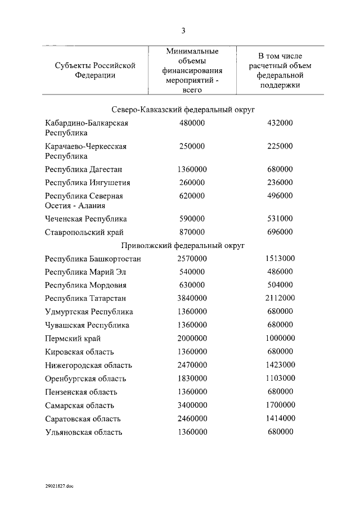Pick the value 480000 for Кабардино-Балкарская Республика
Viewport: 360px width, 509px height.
pyautogui.click(x=191, y=123)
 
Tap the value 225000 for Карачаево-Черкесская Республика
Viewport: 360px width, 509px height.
pyautogui.click(x=280, y=146)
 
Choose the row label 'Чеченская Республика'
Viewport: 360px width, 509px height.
pyautogui.click(x=85, y=218)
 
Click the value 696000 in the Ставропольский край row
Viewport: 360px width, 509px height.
pyautogui.click(x=280, y=232)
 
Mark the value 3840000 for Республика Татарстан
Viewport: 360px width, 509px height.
pyautogui.click(x=192, y=298)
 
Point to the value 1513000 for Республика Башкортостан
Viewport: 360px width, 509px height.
pyautogui.click(x=280, y=258)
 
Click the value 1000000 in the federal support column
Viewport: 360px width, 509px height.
pyautogui.click(x=280, y=338)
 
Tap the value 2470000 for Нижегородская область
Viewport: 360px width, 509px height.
pyautogui.click(x=192, y=365)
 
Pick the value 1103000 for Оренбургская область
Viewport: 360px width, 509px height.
pyautogui.click(x=280, y=379)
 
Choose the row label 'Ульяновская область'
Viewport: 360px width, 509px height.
pyautogui.click(x=83, y=432)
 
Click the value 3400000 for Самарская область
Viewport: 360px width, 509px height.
pyautogui.click(x=192, y=405)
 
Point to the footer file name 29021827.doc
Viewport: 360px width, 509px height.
pyautogui.click(x=60, y=487)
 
